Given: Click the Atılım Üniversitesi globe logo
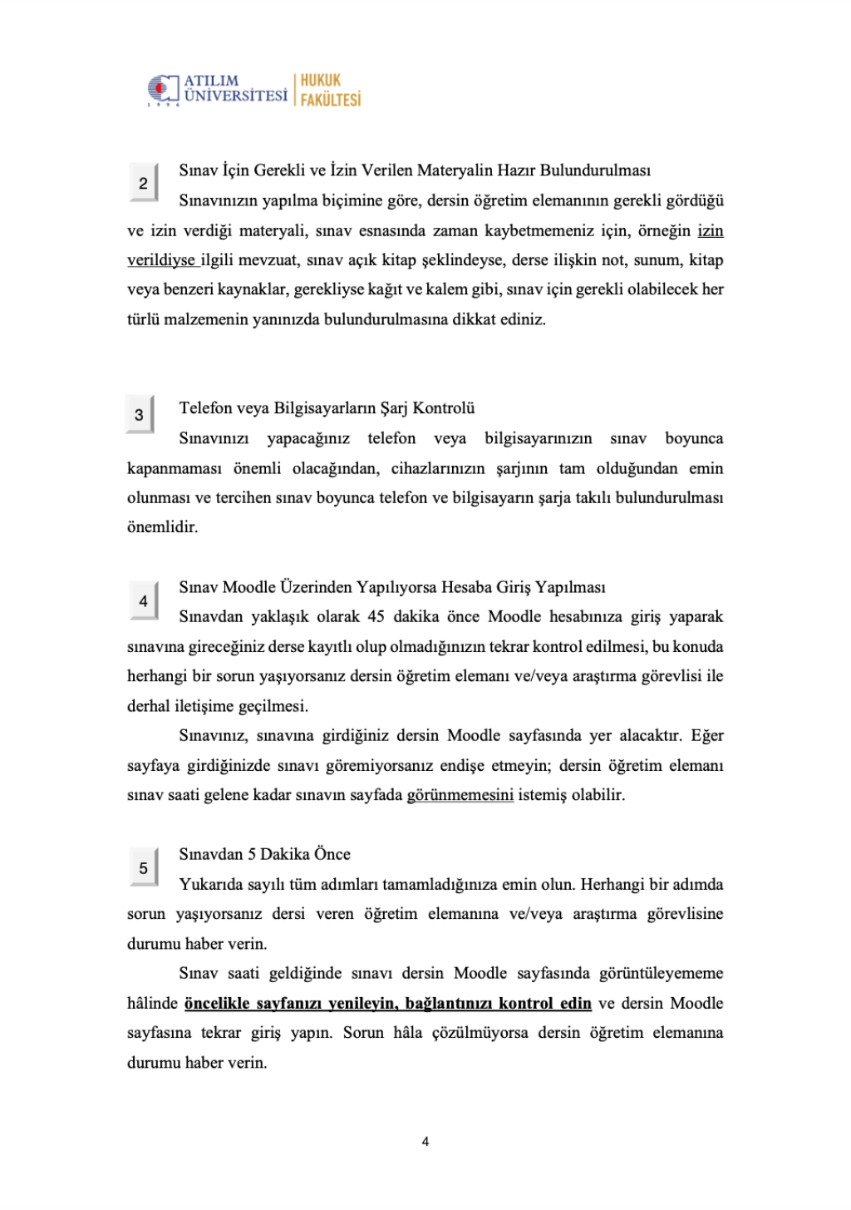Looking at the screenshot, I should click(163, 90).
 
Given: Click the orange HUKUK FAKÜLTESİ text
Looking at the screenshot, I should click(330, 90).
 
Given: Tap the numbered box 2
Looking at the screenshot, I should click(143, 183).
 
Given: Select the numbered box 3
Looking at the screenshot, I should click(139, 414).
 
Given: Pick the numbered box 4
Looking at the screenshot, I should click(143, 600).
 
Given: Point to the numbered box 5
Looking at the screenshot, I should click(143, 868).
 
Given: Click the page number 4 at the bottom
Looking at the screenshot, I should click(425, 1142).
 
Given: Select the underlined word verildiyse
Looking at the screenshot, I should click(161, 260).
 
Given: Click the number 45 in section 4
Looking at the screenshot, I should click(376, 617).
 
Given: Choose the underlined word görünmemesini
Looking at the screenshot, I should click(460, 795).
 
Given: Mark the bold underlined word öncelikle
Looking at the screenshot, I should click(217, 1004).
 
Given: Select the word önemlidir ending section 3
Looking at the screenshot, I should click(162, 527).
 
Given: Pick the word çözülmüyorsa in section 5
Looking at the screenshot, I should click(482, 1033).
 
